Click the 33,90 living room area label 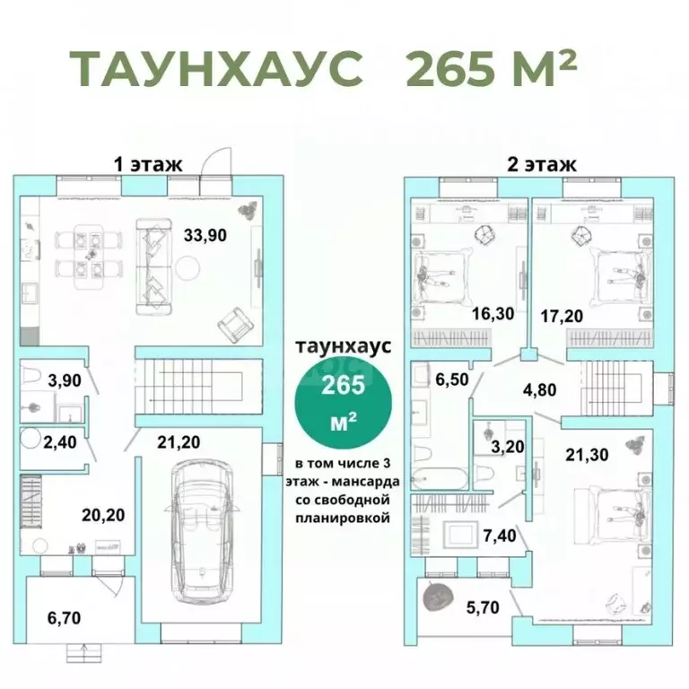205,236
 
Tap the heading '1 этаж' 147,164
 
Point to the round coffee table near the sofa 187,267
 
